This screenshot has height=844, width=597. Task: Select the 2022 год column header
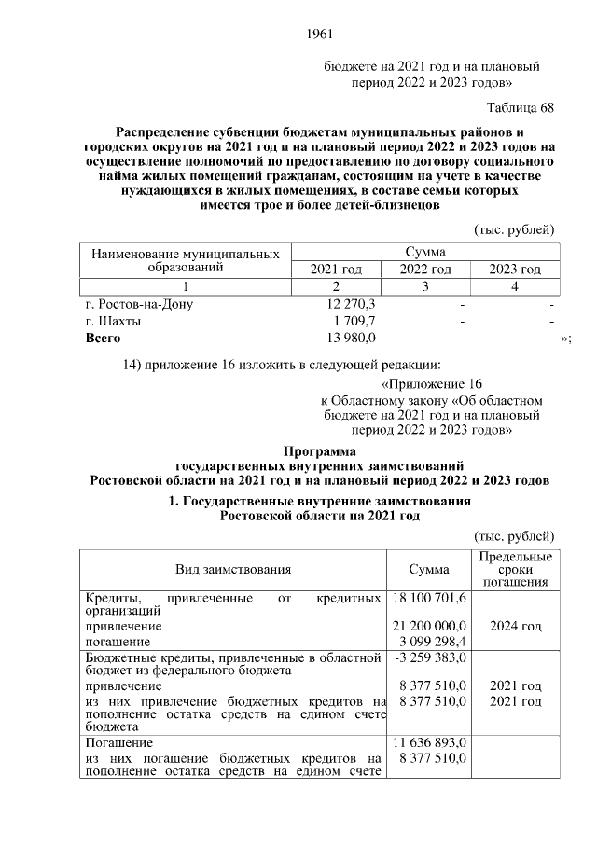[425, 269]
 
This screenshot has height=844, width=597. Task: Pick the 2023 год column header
[515, 269]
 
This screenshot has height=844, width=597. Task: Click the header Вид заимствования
[233, 569]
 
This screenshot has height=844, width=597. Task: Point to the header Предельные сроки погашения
[515, 569]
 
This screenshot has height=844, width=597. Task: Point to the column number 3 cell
[425, 285]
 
